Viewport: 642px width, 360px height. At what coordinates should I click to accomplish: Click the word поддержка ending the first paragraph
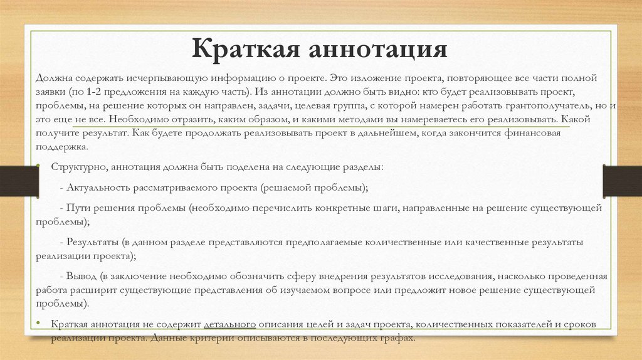point(62,147)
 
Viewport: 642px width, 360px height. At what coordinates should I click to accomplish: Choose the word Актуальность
point(98,188)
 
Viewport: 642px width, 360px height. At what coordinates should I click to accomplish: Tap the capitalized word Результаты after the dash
point(93,242)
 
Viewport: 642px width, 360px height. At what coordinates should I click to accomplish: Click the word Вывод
point(82,277)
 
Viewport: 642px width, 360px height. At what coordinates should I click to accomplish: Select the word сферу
point(301,277)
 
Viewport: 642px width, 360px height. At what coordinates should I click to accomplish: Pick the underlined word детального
point(229,324)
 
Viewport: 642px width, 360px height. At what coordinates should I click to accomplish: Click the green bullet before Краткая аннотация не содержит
point(38,324)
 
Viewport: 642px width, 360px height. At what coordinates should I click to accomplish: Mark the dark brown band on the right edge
point(623,181)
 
